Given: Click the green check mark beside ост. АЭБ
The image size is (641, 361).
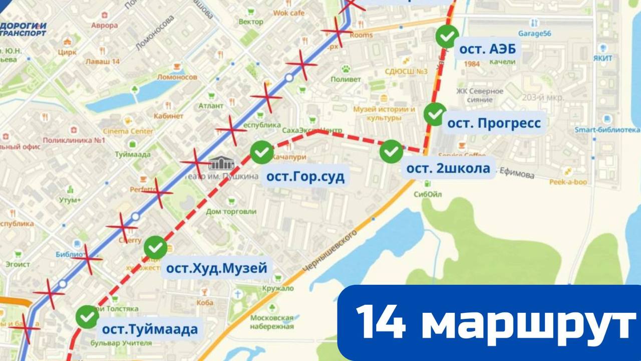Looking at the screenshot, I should point(447,36).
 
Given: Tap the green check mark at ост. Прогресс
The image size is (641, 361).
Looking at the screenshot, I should point(435,114).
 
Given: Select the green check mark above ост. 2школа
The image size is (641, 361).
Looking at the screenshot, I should point(391,151).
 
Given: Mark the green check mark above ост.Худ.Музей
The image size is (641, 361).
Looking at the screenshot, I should point(156,247).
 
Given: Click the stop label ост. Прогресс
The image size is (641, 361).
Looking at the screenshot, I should point(494,123).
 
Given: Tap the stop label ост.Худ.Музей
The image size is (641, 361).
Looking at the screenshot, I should point(216,268).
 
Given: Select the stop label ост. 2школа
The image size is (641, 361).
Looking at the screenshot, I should point(448,168).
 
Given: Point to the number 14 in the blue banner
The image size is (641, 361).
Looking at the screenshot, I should point(380,322).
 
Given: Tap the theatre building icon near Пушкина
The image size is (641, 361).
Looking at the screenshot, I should point(221,163).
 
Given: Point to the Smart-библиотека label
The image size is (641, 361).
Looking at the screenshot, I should point(607,130).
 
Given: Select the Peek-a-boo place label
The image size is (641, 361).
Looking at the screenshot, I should point(568,182).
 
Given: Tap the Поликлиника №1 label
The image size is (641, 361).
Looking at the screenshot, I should point(74,140).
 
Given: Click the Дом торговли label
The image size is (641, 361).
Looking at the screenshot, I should point(231,211).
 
